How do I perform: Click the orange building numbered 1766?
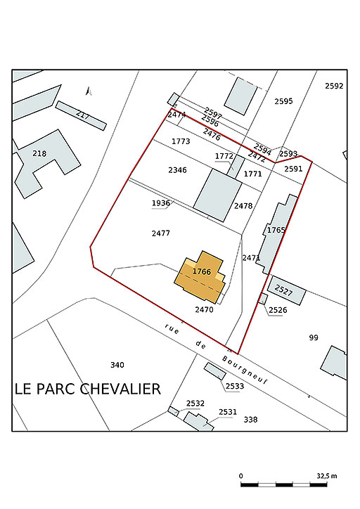[201, 276]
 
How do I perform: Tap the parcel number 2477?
[161, 233]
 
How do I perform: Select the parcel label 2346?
[177, 170]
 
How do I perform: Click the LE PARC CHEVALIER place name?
[88, 389]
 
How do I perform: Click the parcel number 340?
[117, 364]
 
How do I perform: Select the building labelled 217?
[82, 115]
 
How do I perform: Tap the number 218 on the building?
[39, 153]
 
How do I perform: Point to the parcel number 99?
[314, 337]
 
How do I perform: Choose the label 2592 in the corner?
[334, 86]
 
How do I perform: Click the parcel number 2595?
[283, 101]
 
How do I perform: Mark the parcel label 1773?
[181, 141]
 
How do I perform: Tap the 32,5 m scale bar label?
[327, 475]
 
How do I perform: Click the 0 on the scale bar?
[241, 475]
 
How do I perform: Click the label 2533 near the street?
[235, 386]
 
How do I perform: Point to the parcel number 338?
[250, 420]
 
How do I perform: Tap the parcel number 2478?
[243, 206]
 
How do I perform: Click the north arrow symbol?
[88, 91]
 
